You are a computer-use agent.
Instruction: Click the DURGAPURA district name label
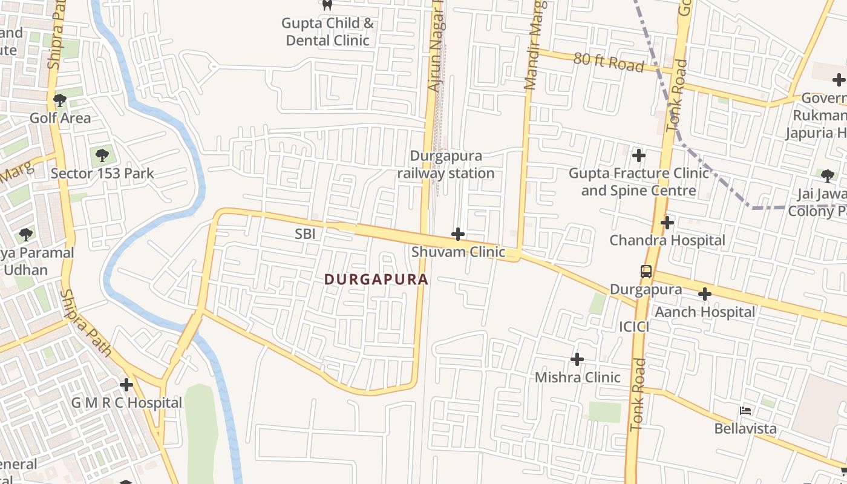(x=376, y=280)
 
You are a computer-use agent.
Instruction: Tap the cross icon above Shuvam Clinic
(x=458, y=234)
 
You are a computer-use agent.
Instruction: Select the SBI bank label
(x=306, y=234)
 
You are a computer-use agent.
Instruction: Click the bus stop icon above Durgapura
(x=646, y=271)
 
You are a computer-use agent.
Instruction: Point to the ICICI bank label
(x=634, y=327)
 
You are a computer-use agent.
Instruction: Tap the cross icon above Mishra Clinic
(x=577, y=359)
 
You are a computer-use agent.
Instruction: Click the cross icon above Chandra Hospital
(x=667, y=223)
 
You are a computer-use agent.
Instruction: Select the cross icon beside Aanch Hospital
(x=704, y=295)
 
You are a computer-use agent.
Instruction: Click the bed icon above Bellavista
(x=745, y=411)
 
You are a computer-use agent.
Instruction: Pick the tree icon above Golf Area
(x=59, y=100)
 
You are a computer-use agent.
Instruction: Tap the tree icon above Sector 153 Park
(x=102, y=155)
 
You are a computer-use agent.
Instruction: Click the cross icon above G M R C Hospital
(x=126, y=385)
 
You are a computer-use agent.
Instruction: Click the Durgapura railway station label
(x=446, y=165)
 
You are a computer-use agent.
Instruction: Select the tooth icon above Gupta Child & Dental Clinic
(x=327, y=5)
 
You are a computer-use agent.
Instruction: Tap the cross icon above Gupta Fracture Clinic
(x=638, y=155)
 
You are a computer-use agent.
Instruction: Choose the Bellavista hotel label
(x=745, y=428)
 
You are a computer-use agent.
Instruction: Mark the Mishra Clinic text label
(x=577, y=378)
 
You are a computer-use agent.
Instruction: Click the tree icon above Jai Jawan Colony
(x=827, y=176)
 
